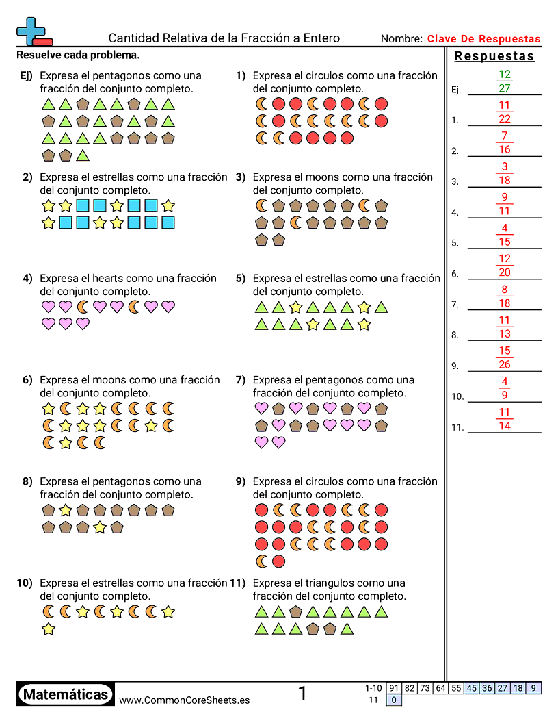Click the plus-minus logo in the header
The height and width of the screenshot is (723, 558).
pyautogui.click(x=33, y=31)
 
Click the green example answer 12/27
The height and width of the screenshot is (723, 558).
pyautogui.click(x=505, y=81)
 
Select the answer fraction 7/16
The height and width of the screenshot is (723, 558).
pyautogui.click(x=505, y=142)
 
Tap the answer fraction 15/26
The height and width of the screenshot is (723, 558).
pyautogui.click(x=505, y=357)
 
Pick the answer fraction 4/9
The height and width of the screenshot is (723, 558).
pyautogui.click(x=505, y=388)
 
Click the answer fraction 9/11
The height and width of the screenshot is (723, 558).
pyautogui.click(x=505, y=204)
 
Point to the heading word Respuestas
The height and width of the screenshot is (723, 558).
pyautogui.click(x=494, y=56)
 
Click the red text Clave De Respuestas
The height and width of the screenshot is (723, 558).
pyautogui.click(x=483, y=39)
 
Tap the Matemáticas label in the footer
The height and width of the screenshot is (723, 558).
pyautogui.click(x=66, y=695)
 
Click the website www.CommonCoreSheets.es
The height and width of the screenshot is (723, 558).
pyautogui.click(x=184, y=700)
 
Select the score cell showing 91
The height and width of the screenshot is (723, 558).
pyautogui.click(x=394, y=688)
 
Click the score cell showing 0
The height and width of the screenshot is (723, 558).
pyautogui.click(x=394, y=700)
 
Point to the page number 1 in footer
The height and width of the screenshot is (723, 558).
pyautogui.click(x=303, y=694)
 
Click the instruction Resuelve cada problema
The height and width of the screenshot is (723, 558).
pyautogui.click(x=78, y=55)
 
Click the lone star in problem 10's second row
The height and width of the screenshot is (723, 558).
pyautogui.click(x=49, y=629)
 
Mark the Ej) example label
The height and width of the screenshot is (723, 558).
pyautogui.click(x=27, y=76)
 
